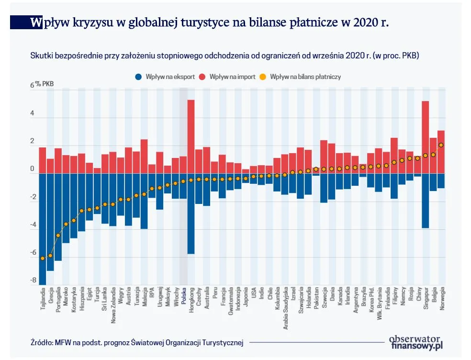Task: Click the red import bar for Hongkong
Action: tap(191, 136)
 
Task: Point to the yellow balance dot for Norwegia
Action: tap(441, 145)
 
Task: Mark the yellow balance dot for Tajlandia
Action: tap(43, 259)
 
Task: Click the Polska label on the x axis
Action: tap(183, 298)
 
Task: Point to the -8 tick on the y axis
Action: tap(33, 281)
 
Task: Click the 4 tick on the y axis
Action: tap(33, 114)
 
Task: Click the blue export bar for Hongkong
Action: tap(191, 213)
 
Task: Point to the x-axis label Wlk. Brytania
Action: tap(379, 303)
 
